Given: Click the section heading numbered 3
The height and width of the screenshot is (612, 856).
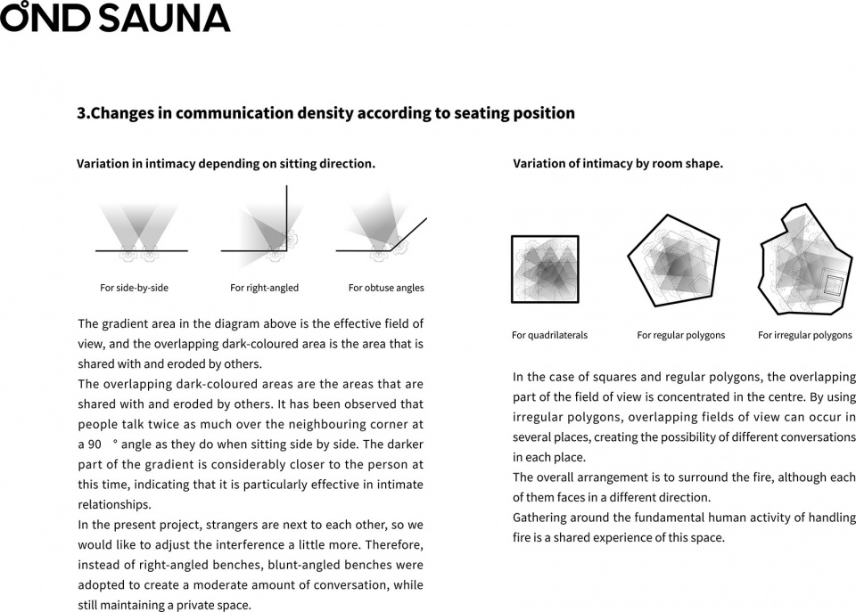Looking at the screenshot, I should click(x=325, y=113).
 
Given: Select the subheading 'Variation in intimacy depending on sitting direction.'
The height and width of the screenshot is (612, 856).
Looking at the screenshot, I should click(x=226, y=164).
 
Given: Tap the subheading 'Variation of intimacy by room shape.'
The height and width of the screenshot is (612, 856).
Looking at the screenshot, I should click(x=617, y=164).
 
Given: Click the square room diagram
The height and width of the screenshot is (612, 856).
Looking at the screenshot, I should click(x=545, y=269).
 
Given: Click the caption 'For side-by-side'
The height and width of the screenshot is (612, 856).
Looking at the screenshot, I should click(x=134, y=288).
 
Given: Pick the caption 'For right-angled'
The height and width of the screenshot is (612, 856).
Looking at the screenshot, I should click(x=264, y=288).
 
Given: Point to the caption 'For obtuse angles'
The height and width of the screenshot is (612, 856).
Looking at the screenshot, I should click(x=386, y=288).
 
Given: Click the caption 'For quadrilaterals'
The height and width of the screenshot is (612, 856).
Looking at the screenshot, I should click(x=549, y=336).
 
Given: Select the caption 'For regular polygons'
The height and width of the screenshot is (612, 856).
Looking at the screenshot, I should click(x=680, y=336).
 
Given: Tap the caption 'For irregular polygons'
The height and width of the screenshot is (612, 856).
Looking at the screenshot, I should click(x=804, y=336).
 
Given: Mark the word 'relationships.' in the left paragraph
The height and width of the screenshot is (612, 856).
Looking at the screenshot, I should click(x=115, y=504).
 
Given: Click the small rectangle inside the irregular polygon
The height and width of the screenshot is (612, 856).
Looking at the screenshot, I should click(x=834, y=284).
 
